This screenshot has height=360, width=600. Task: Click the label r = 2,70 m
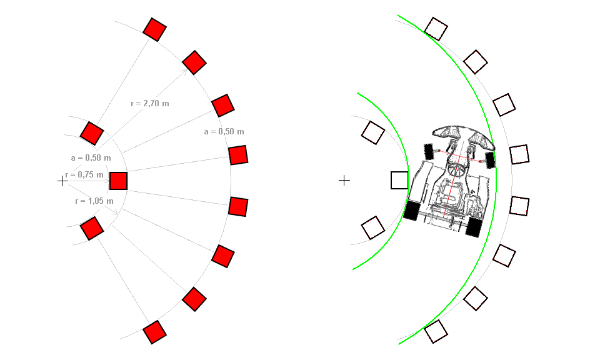(150, 103)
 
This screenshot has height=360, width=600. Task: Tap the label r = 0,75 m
(84, 175)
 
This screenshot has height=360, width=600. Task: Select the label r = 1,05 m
(94, 201)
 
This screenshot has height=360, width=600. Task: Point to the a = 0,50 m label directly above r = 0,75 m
(91, 157)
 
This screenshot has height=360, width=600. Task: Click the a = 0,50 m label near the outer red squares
(224, 132)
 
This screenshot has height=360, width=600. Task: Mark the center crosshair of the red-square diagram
(62, 181)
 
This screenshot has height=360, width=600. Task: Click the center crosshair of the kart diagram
(344, 181)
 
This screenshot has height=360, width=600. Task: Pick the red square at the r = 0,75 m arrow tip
(119, 181)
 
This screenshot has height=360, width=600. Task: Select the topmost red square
(154, 29)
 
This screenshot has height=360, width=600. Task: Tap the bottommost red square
(154, 332)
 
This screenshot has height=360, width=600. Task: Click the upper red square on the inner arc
(92, 133)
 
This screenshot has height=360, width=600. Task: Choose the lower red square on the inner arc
(92, 228)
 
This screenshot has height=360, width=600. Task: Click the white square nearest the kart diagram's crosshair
(399, 180)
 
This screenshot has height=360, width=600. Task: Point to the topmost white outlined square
(436, 29)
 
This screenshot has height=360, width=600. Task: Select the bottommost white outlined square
(436, 332)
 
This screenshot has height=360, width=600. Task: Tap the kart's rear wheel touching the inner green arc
(411, 211)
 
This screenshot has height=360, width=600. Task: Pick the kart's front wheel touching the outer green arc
(490, 160)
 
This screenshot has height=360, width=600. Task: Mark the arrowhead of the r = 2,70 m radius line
(184, 71)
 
